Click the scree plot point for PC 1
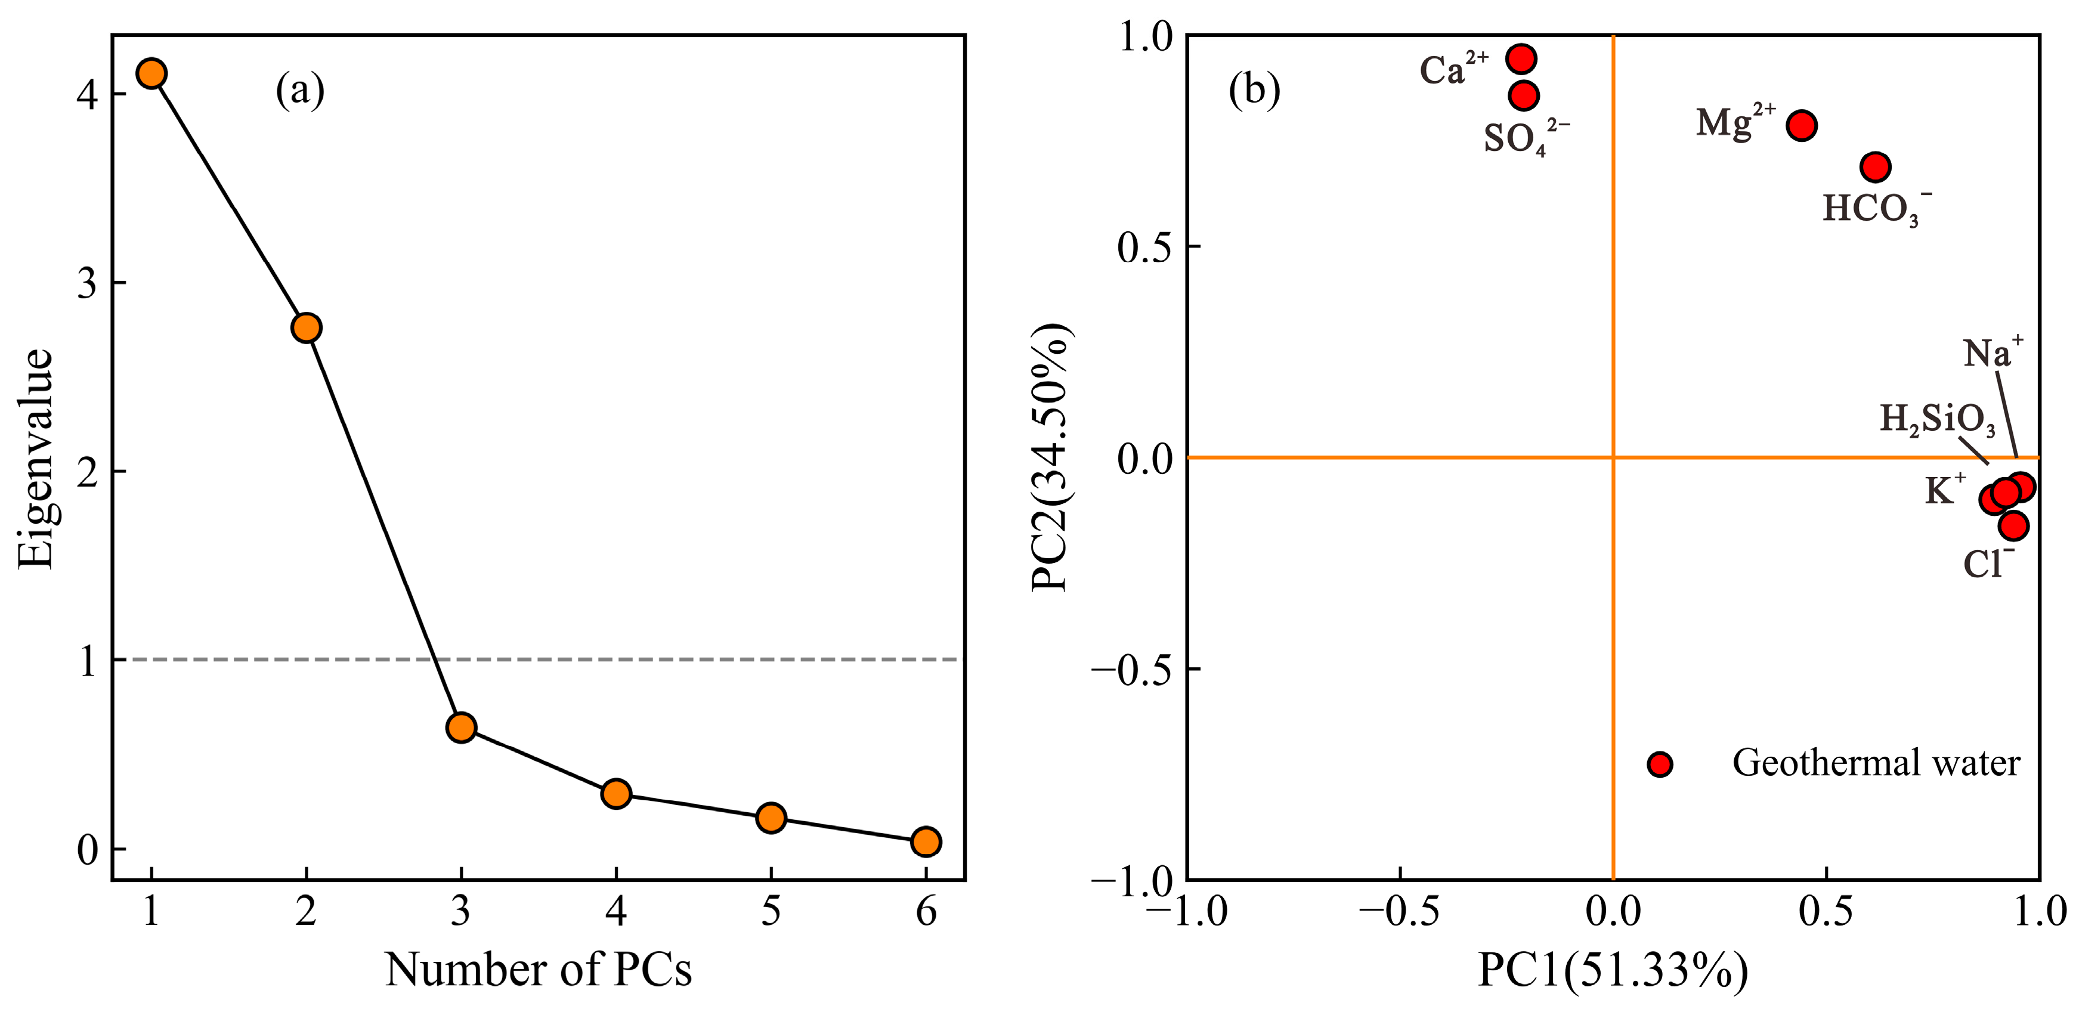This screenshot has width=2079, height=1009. point(151,73)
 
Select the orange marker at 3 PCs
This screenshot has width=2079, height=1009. point(461,728)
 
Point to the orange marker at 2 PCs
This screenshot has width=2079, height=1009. point(307,328)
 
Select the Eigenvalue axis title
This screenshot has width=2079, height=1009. point(36,459)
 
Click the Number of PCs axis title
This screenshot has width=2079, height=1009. point(539,968)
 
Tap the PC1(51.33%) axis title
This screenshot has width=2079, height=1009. point(1613,968)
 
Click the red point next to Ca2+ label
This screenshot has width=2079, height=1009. point(1521,58)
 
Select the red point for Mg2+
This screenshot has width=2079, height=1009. point(1801,126)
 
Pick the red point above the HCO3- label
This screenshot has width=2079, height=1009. point(1876,167)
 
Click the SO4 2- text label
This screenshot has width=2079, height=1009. point(1524,138)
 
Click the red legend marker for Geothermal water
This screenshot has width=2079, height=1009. point(1659,764)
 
